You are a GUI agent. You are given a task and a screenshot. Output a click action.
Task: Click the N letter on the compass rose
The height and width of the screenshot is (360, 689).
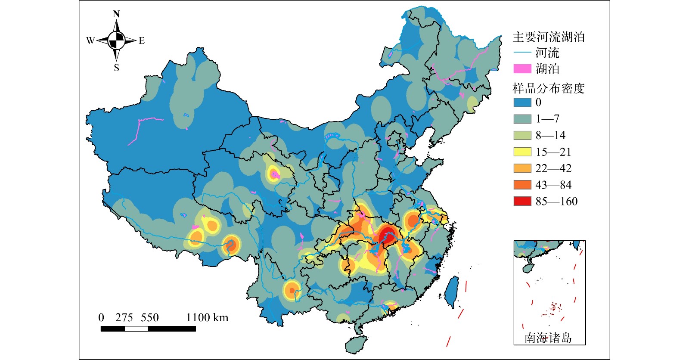(x=116, y=14)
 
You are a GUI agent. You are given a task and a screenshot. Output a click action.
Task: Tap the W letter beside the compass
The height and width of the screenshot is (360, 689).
(x=90, y=41)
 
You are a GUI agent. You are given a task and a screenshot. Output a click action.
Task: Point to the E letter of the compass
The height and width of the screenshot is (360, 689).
(x=142, y=41)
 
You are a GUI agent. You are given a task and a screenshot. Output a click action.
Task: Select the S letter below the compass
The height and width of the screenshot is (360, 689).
(x=116, y=68)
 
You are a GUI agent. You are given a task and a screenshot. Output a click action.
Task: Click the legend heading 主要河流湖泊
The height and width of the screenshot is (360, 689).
(x=549, y=37)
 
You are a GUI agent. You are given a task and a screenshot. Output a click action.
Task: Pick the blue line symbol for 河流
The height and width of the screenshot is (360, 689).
(x=522, y=53)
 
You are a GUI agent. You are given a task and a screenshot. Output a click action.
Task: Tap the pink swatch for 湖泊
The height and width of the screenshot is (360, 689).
(x=522, y=68)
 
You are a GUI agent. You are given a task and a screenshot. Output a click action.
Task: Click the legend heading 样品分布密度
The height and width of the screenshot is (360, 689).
(x=549, y=88)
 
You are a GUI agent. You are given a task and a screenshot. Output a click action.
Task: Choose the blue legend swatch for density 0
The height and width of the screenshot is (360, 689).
(x=522, y=102)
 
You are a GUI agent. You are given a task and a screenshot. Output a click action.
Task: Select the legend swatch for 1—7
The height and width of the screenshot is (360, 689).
(x=522, y=119)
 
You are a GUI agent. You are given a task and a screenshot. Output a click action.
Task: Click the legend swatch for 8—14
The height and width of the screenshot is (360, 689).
(x=522, y=135)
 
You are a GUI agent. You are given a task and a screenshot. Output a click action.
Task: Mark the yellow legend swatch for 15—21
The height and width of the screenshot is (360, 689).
(x=522, y=152)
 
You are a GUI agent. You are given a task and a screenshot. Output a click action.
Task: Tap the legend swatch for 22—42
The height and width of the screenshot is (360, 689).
(x=522, y=168)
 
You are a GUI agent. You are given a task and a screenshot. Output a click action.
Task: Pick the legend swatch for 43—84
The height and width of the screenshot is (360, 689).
(x=522, y=185)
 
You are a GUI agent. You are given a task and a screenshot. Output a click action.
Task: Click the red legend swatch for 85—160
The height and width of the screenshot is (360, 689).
(x=522, y=201)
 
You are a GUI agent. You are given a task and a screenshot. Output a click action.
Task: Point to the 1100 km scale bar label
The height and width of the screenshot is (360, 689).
(x=207, y=318)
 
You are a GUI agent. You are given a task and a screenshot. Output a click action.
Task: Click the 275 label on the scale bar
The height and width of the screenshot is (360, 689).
(x=124, y=318)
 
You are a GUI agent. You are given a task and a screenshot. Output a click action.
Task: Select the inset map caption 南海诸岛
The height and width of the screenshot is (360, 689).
(x=548, y=338)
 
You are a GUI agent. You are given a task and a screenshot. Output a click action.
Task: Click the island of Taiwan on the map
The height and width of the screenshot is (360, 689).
(x=451, y=291)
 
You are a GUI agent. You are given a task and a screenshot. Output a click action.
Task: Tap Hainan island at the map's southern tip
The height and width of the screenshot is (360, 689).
(x=356, y=344)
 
